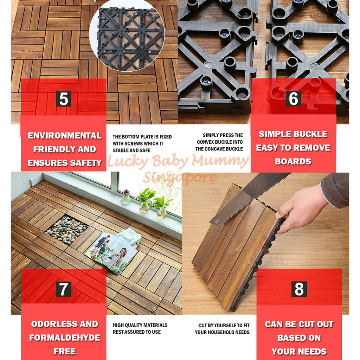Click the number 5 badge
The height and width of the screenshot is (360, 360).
click(x=64, y=99)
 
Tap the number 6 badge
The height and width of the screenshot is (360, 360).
click(x=293, y=99)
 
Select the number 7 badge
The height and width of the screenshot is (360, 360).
click(x=64, y=289)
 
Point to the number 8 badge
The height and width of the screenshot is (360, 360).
click(x=299, y=289)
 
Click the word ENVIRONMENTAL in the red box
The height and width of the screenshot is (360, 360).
click(x=65, y=135)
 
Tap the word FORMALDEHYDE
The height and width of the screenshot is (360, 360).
click(x=65, y=337)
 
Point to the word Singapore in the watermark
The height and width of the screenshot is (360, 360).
click(x=180, y=177)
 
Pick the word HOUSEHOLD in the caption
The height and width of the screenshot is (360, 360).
click(x=221, y=332)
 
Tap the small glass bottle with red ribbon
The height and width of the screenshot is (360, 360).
click(x=126, y=197)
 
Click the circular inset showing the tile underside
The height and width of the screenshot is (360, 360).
click(x=127, y=35)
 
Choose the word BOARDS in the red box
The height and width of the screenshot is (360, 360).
click(x=293, y=161)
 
